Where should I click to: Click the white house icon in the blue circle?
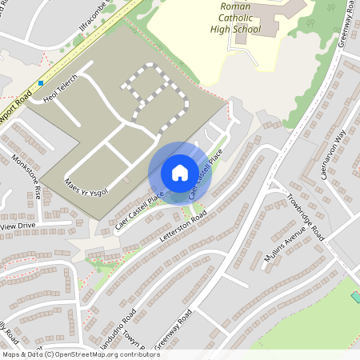tap(180, 172)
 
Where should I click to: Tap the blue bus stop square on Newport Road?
tap(40, 83)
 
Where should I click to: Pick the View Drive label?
tap(18, 226)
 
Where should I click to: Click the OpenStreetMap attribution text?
tap(81, 354)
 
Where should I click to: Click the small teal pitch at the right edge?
tap(355, 297)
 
